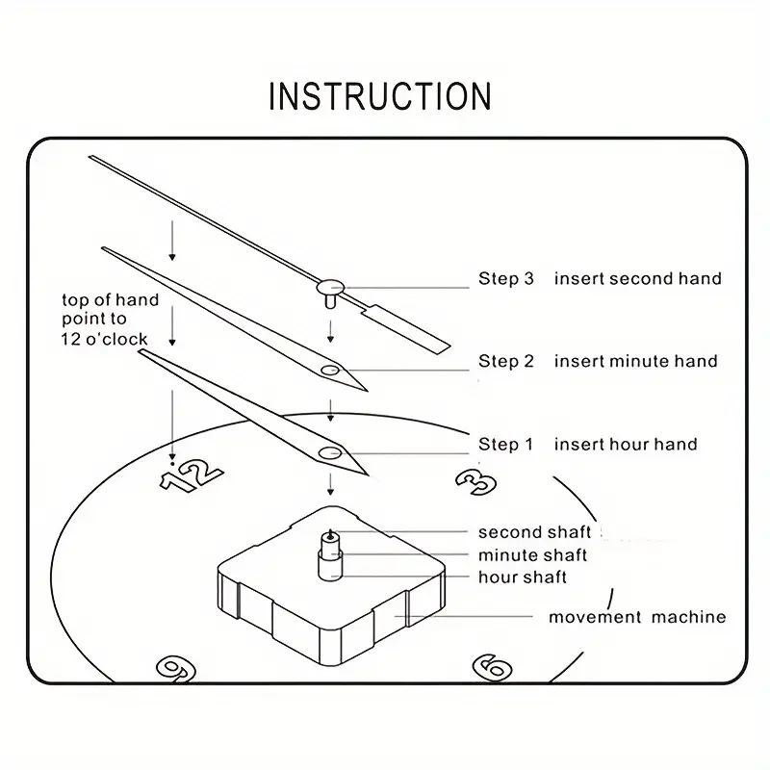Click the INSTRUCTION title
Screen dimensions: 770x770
pos(380,96)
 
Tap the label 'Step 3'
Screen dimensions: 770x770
pos(505,279)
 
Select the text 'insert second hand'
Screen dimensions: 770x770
pos(637,279)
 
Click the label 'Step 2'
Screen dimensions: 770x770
pos(505,362)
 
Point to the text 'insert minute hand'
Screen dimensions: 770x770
pos(635,362)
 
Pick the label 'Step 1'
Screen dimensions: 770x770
pos(505,445)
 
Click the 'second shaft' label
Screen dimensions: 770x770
pos(534,532)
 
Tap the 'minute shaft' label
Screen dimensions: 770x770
pos(532,555)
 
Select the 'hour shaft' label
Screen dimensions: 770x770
pos(523,577)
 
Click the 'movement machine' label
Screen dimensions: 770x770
pos(637,617)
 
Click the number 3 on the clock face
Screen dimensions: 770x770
pos(475,480)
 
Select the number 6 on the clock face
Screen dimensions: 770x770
pos(492,667)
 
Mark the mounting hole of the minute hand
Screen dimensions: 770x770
pos(330,370)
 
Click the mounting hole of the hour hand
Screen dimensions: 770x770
pos(330,452)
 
